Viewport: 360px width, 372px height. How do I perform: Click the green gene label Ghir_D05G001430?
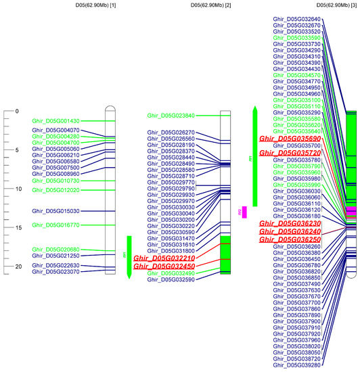click(55, 121)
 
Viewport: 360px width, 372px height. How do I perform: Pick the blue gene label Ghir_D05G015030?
click(55, 211)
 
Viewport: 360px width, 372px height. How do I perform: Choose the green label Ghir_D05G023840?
click(171, 116)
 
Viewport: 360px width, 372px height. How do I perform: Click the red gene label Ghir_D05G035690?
click(290, 138)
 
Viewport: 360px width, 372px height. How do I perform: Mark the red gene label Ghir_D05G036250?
click(290, 239)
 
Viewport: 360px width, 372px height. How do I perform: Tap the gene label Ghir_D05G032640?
click(296, 19)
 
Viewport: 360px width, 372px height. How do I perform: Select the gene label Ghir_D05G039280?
click(296, 365)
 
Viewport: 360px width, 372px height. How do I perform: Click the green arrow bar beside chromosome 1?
click(129, 257)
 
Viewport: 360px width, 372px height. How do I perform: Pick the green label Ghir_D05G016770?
click(55, 225)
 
